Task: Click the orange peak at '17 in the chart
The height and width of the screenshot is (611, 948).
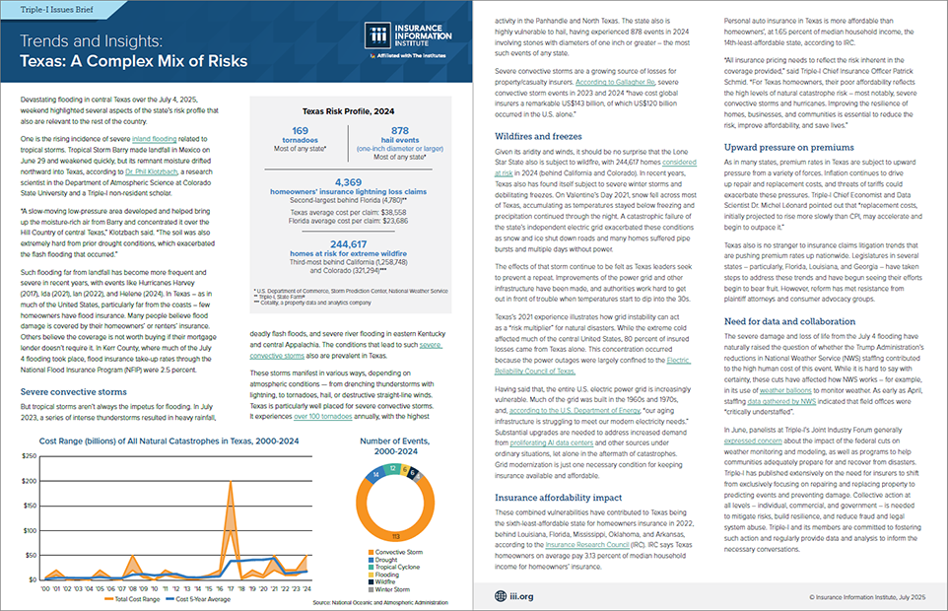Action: pos(231,483)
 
